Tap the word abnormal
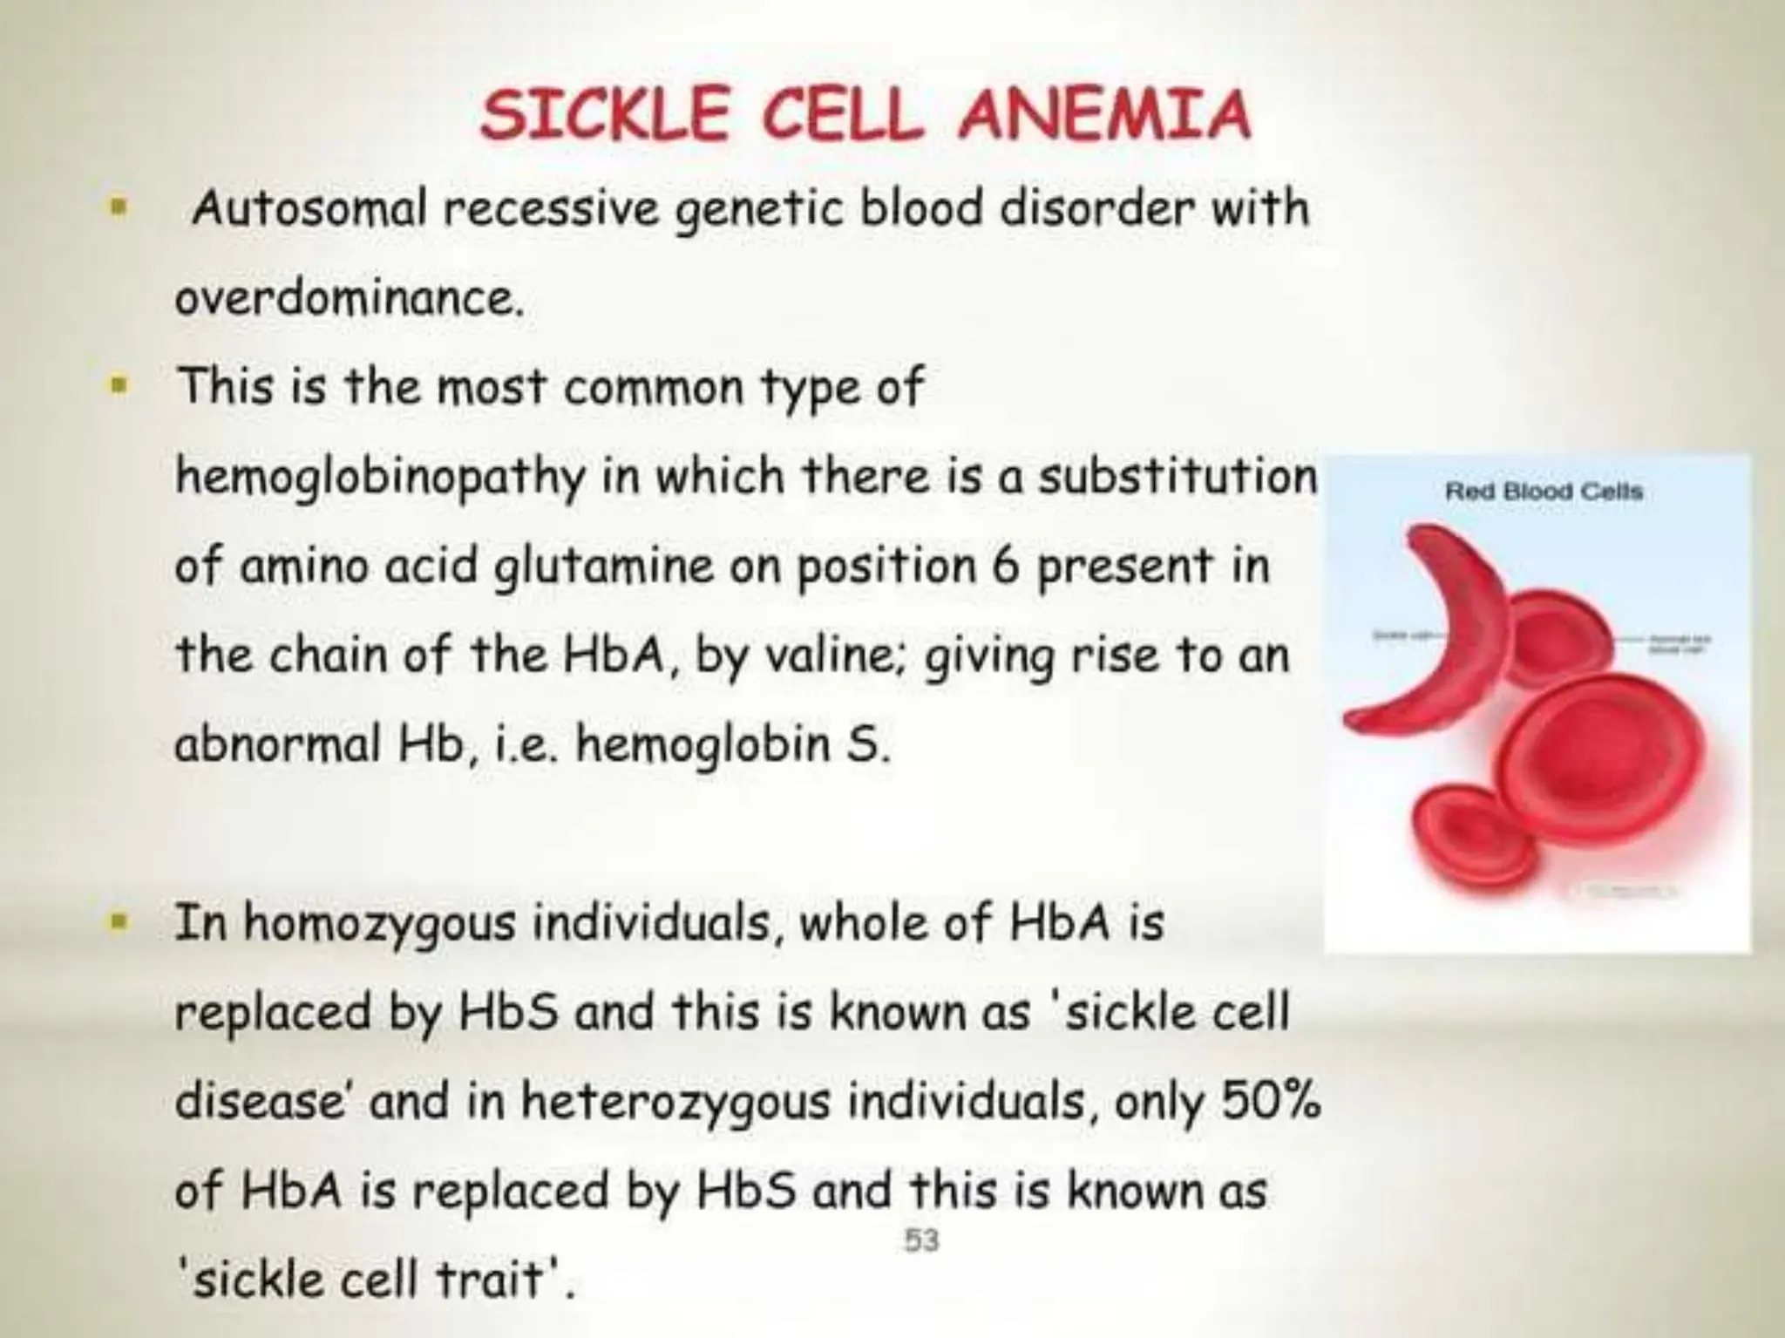click(277, 744)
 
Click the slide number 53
click(921, 1240)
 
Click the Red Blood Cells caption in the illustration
click(1544, 492)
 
